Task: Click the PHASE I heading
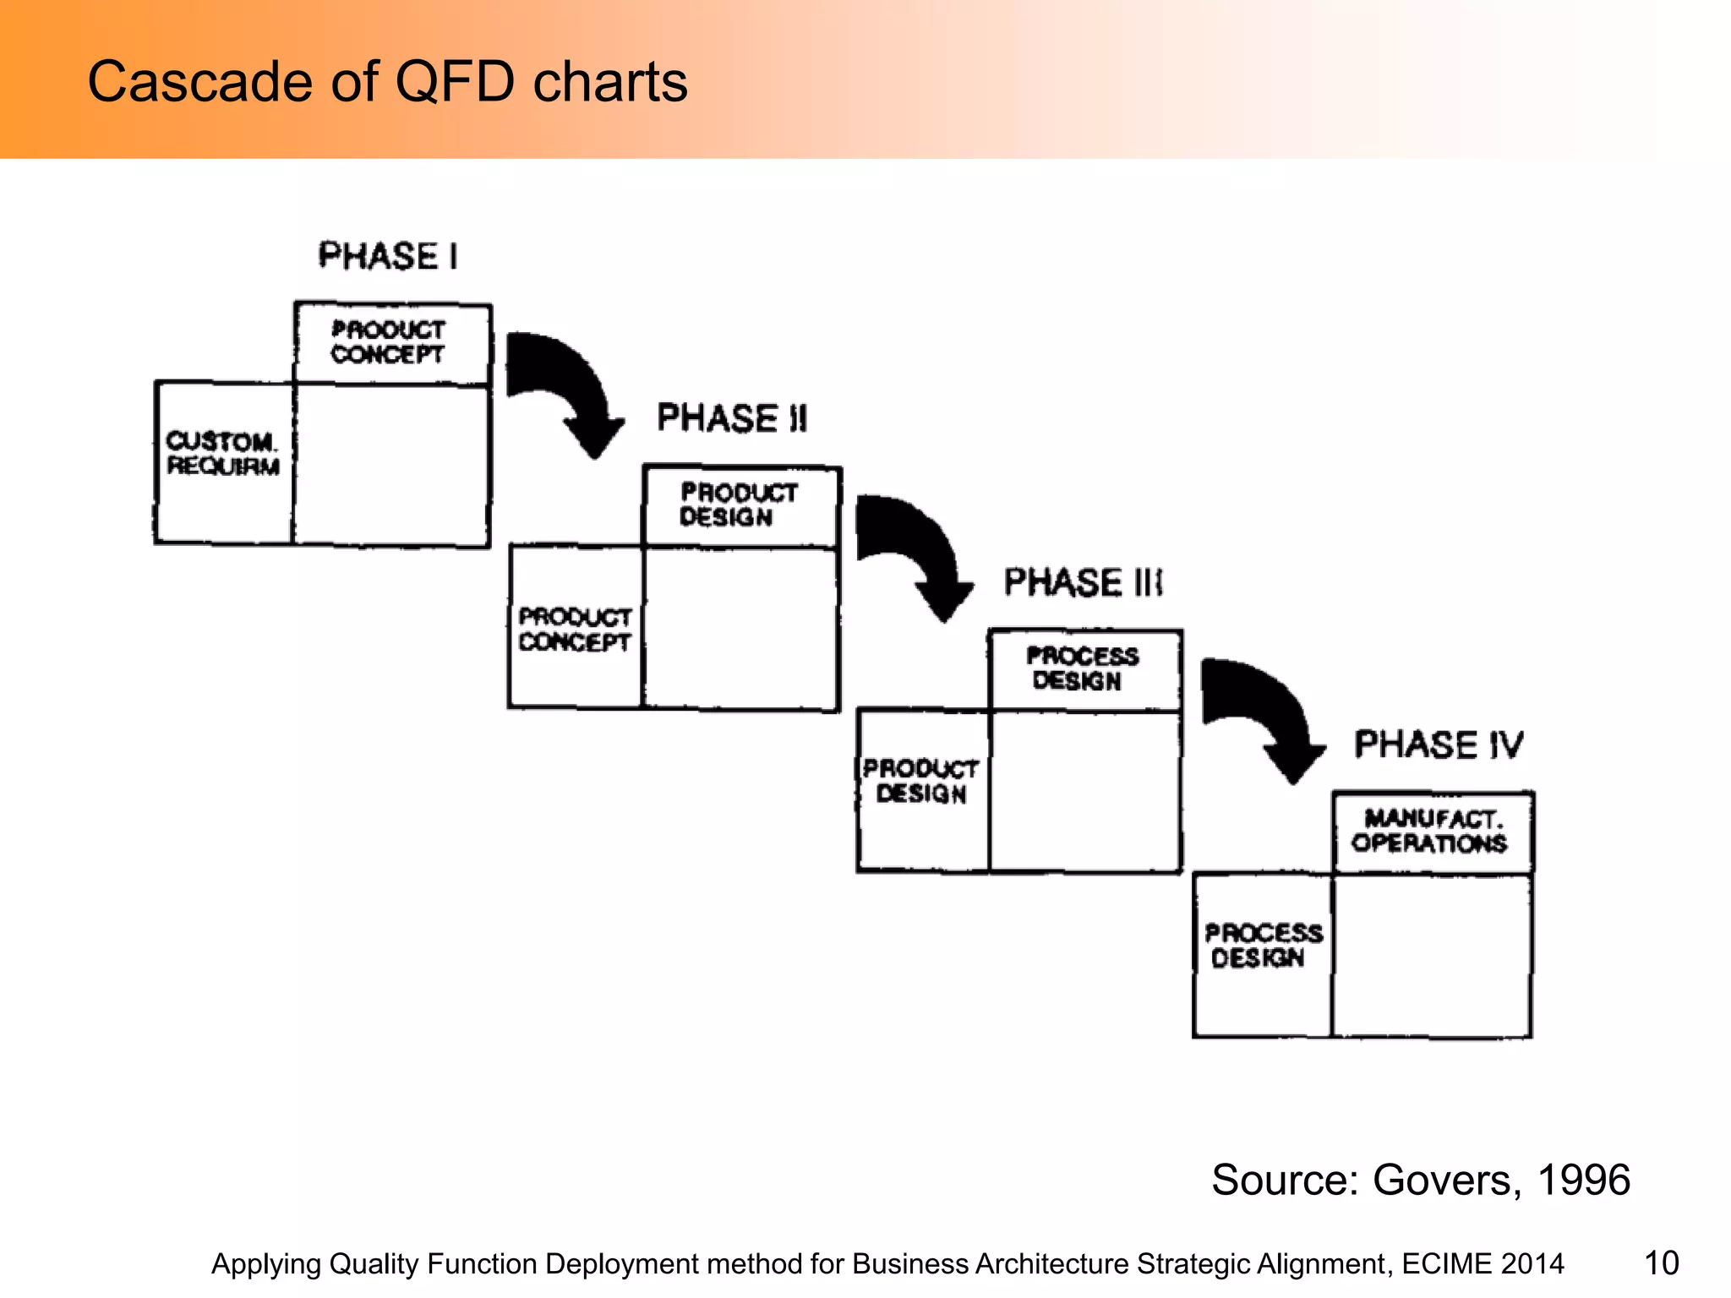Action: click(388, 256)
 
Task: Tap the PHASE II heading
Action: click(732, 418)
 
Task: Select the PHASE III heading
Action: click(1083, 582)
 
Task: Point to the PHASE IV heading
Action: click(1439, 745)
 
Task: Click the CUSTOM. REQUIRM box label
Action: click(223, 454)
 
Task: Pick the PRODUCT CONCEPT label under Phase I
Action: click(388, 342)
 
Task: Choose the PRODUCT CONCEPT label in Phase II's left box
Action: click(575, 630)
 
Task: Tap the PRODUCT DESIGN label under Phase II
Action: click(739, 504)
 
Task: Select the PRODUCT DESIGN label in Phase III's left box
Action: click(920, 781)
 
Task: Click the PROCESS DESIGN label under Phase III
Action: click(1082, 668)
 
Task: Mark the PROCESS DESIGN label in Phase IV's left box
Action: click(1263, 946)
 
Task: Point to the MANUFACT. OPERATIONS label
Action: click(1430, 832)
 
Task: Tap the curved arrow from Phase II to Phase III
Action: click(915, 554)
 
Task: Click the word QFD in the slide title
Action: click(455, 82)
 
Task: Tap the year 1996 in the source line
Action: click(1583, 1180)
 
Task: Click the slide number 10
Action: click(1661, 1263)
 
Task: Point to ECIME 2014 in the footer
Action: click(1483, 1264)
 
